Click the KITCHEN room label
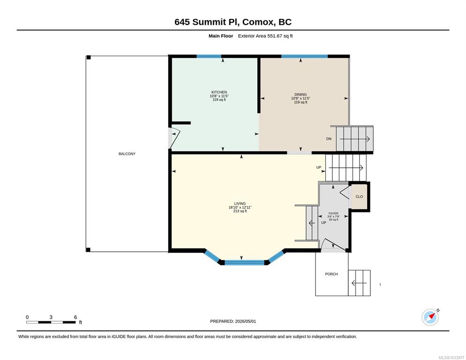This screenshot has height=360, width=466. click(219, 92)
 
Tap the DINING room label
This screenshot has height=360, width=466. click(301, 95)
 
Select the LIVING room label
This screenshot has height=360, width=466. click(240, 203)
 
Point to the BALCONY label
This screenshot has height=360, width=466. click(127, 154)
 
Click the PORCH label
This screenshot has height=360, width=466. click(331, 274)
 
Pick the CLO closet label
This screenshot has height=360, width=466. click(359, 196)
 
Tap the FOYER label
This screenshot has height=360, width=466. click(333, 213)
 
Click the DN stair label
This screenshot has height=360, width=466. click(329, 139)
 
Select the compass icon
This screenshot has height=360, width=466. click(430, 317)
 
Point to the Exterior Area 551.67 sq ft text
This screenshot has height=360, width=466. click(265, 36)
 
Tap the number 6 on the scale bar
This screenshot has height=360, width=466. click(75, 317)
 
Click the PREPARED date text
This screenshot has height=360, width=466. click(233, 322)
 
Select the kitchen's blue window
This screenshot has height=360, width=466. click(209, 56)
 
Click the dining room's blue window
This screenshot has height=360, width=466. click(304, 56)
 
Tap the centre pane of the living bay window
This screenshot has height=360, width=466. click(244, 262)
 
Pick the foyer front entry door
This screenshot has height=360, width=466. click(333, 245)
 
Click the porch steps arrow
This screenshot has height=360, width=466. click(359, 283)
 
